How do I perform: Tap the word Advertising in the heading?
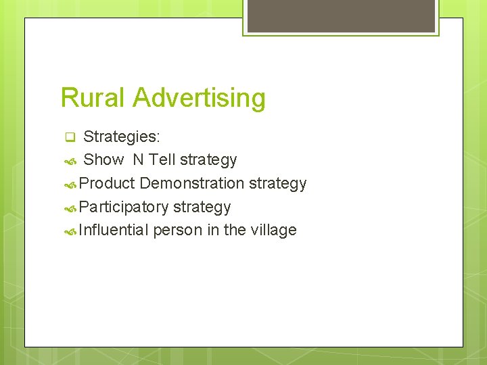click(x=199, y=98)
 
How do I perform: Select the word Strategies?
click(x=122, y=137)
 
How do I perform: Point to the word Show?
click(x=103, y=160)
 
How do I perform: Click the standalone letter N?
click(x=138, y=160)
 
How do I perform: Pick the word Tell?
click(x=162, y=160)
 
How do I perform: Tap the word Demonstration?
click(x=192, y=183)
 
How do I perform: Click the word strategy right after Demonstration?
click(x=278, y=183)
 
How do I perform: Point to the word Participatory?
click(x=124, y=207)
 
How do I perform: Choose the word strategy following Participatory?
click(x=202, y=207)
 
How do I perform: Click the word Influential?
click(x=114, y=230)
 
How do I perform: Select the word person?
click(x=178, y=230)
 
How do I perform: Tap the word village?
click(x=273, y=230)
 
